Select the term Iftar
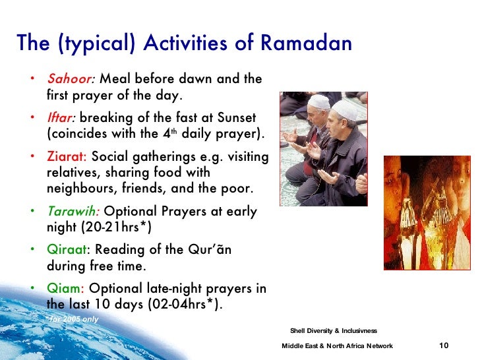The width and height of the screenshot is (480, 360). [61, 118]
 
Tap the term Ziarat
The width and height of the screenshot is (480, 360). [67, 157]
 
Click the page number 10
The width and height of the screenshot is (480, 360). [444, 346]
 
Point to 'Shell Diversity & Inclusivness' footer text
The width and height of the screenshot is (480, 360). [333, 330]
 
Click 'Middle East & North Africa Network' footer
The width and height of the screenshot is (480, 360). [337, 346]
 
